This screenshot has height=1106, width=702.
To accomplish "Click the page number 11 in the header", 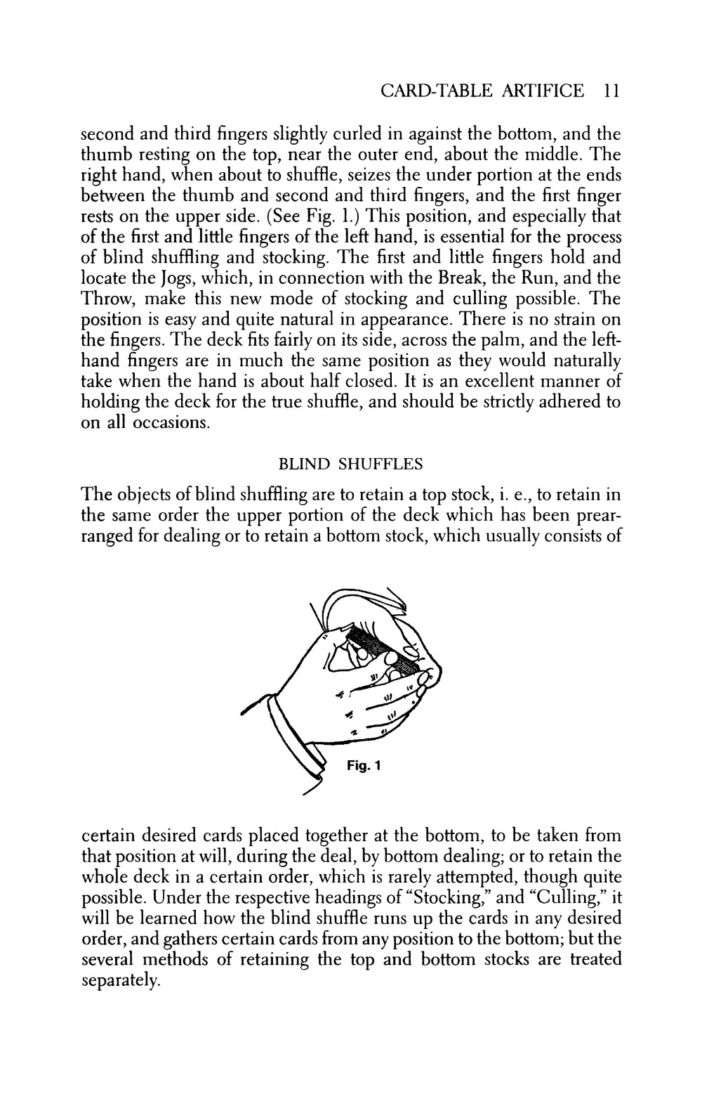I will pos(610,91).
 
